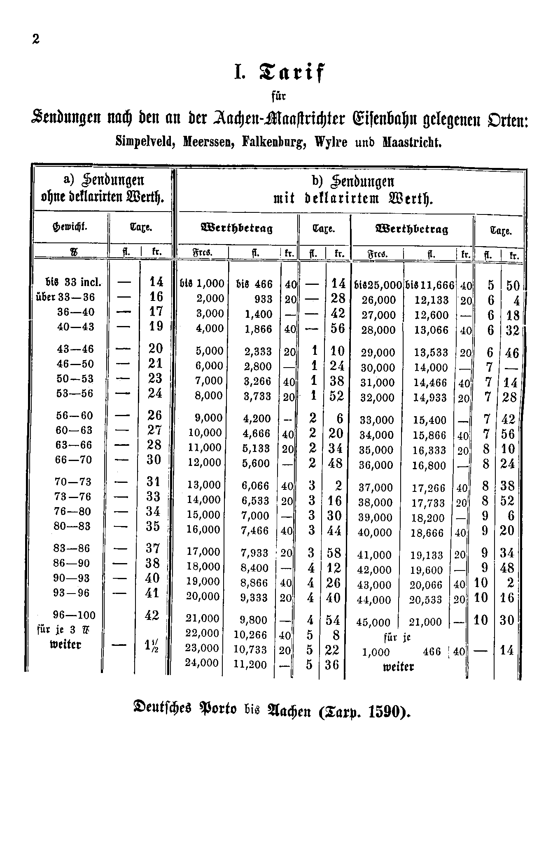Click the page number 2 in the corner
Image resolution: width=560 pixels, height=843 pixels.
(x=36, y=40)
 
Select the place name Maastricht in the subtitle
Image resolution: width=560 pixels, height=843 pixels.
(x=412, y=142)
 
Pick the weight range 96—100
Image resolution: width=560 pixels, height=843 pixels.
(x=75, y=615)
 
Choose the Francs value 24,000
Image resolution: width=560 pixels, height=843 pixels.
(x=202, y=664)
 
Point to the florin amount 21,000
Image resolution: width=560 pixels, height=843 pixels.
(x=425, y=622)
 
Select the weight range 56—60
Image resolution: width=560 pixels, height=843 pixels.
(x=75, y=416)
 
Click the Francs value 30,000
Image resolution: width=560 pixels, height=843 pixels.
(x=378, y=368)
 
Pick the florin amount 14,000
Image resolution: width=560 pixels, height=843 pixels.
(x=430, y=368)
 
